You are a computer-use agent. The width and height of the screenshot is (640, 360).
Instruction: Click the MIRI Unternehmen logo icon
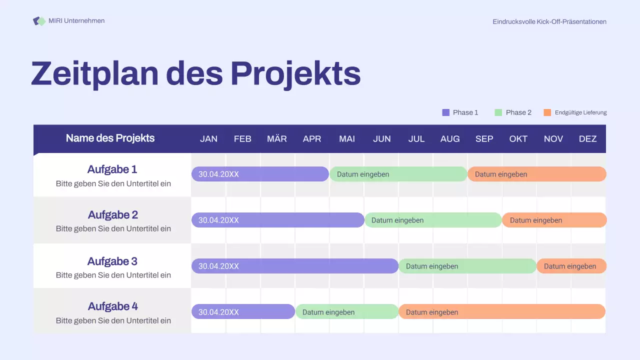[x=39, y=21]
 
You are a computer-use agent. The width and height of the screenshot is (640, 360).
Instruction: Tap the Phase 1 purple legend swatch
[x=446, y=112]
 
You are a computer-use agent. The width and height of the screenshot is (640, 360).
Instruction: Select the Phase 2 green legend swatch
[x=498, y=112]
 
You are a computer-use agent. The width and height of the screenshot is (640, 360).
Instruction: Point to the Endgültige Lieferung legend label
[x=580, y=112]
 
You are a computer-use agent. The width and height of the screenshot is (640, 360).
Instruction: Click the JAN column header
[x=208, y=139]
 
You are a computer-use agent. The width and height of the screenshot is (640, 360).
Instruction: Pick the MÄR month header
[x=277, y=139]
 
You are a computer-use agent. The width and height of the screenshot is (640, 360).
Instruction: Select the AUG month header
[x=450, y=139]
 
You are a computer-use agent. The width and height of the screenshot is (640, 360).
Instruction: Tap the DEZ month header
[x=587, y=139]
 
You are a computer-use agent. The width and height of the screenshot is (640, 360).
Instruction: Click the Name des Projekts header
[x=110, y=138]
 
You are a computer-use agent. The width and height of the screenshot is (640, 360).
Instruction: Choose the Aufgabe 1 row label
[x=112, y=169]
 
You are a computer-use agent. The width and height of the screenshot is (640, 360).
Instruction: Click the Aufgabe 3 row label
[x=112, y=261]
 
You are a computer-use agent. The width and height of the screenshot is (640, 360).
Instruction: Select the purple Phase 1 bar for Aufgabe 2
[x=278, y=220]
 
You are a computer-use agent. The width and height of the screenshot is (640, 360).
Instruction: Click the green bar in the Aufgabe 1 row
[x=398, y=174]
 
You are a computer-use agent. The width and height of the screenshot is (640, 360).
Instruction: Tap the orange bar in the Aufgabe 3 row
[x=571, y=266]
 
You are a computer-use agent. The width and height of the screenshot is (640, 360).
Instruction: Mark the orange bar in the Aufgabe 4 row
[x=502, y=311]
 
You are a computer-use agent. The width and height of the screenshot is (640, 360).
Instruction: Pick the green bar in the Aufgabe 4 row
[x=347, y=312]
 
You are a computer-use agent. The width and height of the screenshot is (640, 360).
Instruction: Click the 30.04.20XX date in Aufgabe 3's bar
[x=218, y=266]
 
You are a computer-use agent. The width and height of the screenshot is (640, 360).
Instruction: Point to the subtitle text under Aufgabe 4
[x=113, y=320]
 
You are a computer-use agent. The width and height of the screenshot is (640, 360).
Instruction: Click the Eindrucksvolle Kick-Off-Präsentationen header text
[x=549, y=21]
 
